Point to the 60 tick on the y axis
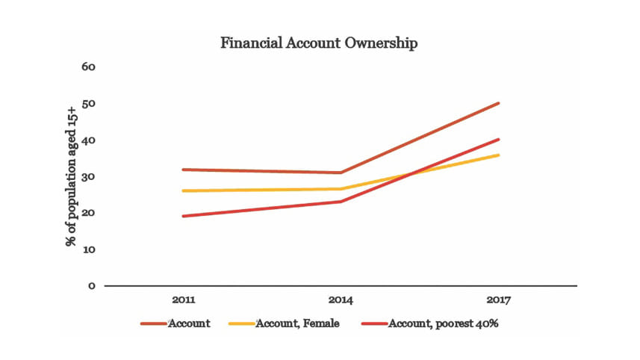click(90, 66)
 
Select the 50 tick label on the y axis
click(90, 103)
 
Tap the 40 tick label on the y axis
click(90, 140)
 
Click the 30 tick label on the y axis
click(90, 176)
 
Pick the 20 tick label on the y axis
click(90, 213)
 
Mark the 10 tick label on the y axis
click(90, 249)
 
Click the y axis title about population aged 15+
click(72, 176)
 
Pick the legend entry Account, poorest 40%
click(440, 323)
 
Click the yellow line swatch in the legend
click(239, 324)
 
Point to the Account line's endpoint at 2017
click(499, 103)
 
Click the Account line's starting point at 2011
click(183, 170)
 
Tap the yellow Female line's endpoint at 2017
click(499, 155)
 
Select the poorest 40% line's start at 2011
click(183, 217)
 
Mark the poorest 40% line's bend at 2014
click(341, 202)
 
